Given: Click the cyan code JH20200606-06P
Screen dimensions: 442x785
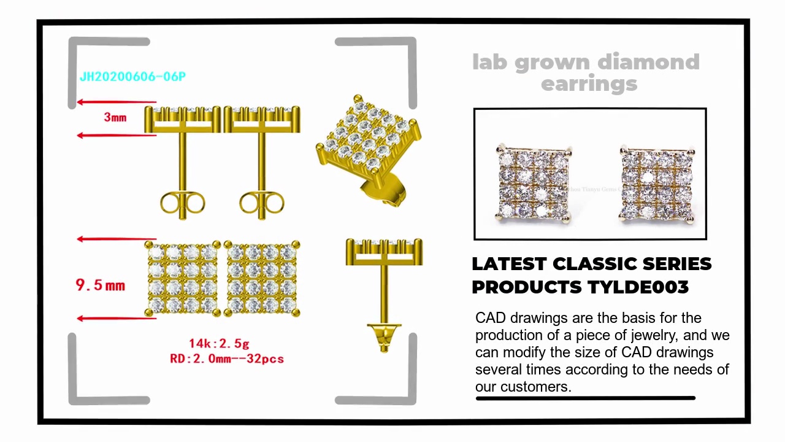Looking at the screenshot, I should coord(132,77).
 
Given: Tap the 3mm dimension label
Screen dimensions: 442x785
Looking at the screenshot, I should coord(115,117).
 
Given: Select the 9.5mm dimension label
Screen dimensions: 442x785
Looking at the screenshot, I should coord(100,285).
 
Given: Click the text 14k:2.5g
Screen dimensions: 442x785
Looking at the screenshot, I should coord(219,343).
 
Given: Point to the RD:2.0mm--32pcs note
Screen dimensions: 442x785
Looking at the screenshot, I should coord(227,359).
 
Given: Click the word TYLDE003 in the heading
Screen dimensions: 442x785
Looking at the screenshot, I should coord(638,287).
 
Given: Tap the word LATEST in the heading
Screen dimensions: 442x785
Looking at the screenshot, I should coord(508,264).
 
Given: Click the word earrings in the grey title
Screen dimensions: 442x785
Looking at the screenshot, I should coord(589,83).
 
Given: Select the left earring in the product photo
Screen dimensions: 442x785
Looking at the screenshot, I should coord(534,183).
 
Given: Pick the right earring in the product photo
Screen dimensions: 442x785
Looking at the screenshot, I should coord(657,183).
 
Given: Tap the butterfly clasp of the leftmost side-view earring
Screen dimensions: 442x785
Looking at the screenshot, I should coord(182,203).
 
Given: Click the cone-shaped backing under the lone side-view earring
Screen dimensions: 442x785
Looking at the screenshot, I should coord(384,336).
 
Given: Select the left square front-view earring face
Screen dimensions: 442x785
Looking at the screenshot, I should coord(183,278).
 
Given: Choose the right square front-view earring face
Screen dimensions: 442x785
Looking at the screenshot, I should coord(262,278).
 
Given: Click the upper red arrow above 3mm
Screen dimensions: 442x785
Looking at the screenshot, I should coord(116,103).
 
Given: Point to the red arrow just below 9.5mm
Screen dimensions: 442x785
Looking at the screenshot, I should coord(116,318).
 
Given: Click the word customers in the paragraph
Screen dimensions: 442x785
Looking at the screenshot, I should coord(535,387).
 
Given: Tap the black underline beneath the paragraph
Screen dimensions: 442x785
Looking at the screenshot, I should coord(585,398).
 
